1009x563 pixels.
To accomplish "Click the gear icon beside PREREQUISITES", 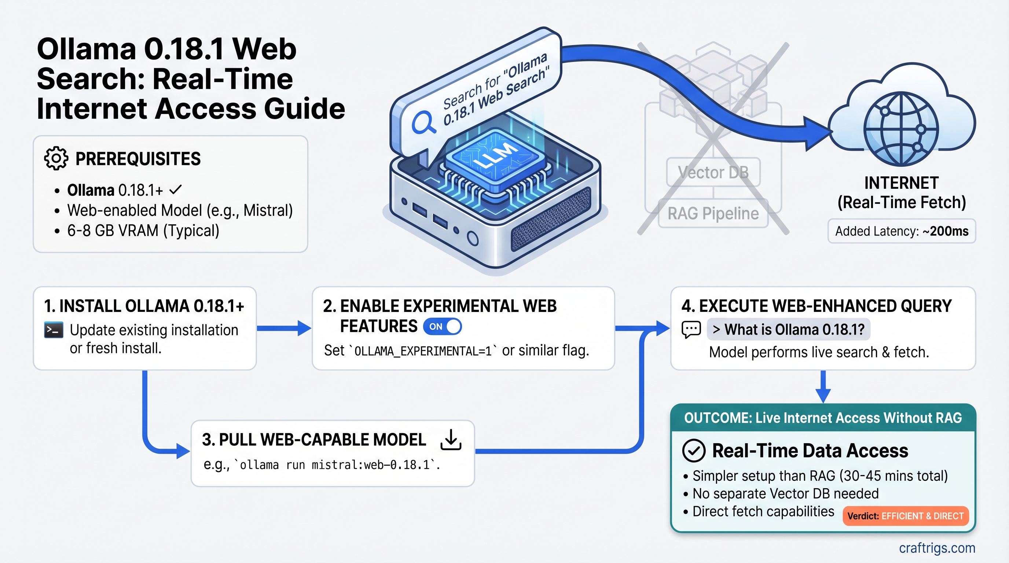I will [56, 159].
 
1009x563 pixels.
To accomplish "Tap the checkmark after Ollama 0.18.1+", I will [176, 190].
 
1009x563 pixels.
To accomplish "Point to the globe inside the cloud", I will [901, 129].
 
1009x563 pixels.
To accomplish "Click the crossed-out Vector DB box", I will [713, 172].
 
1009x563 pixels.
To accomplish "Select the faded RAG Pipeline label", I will [713, 214].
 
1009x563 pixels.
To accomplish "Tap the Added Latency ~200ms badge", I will [901, 231].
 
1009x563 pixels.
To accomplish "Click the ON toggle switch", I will [442, 327].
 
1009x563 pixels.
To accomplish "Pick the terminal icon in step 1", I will [54, 330].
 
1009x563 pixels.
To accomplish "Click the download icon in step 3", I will [451, 440].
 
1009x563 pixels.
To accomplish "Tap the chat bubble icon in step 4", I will [691, 329].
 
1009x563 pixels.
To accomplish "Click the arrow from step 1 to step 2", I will [284, 328].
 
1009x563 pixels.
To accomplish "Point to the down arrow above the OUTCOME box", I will [823, 387].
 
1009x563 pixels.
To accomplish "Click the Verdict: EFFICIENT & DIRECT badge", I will [905, 516].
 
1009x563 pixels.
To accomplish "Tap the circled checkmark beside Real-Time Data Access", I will [694, 450].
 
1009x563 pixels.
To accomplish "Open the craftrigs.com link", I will [937, 548].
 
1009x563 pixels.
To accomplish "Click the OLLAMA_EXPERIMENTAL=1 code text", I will [423, 351].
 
